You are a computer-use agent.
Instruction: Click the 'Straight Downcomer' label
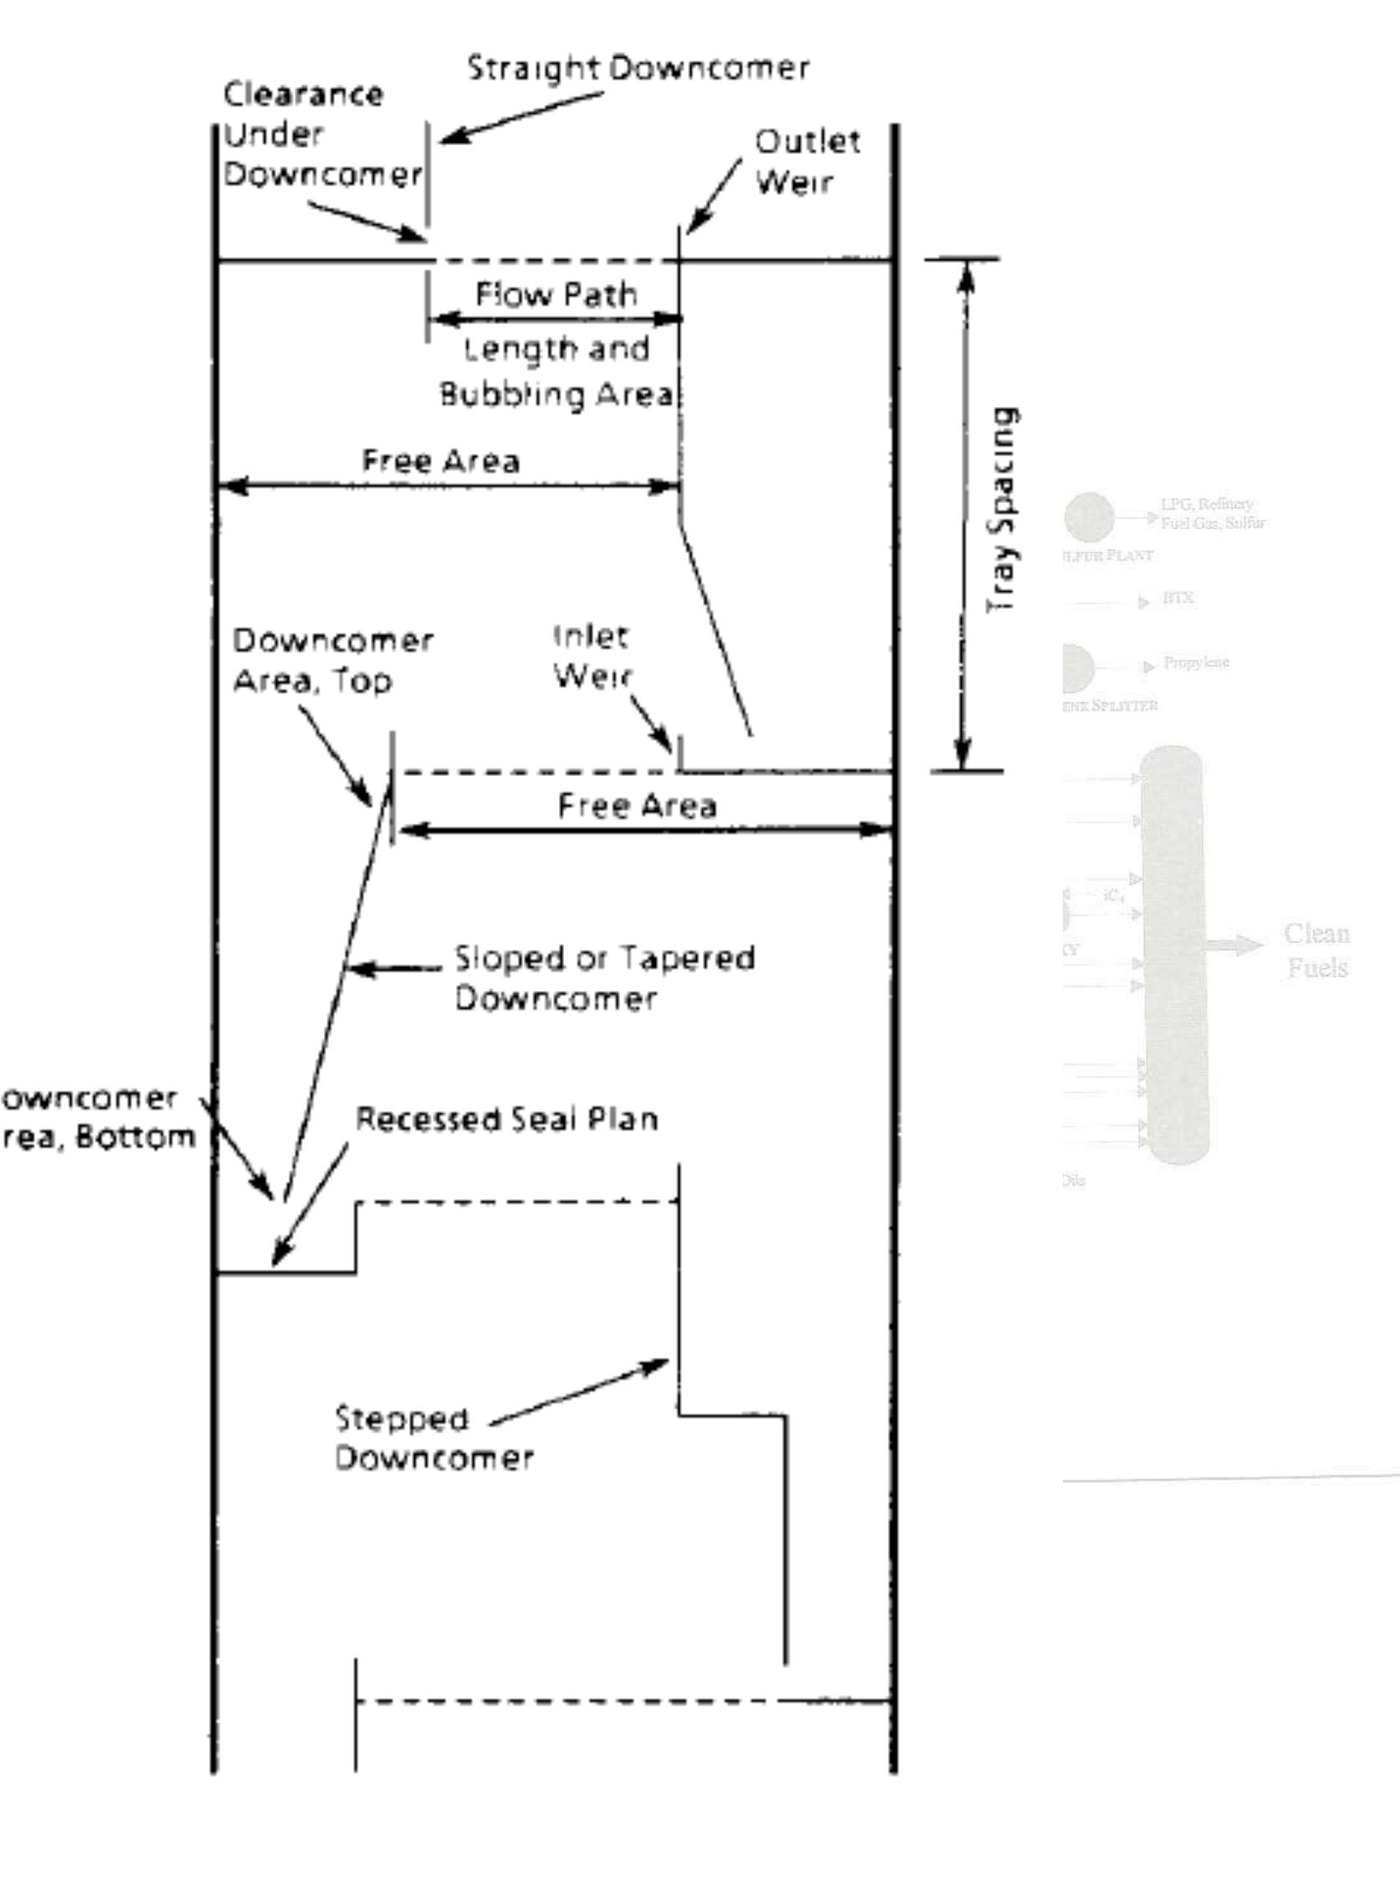[x=638, y=68]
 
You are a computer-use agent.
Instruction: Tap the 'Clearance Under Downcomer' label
[x=321, y=134]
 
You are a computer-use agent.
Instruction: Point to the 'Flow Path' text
[x=556, y=294]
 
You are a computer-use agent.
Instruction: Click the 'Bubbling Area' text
[x=556, y=394]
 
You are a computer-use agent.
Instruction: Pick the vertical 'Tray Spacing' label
[x=1003, y=511]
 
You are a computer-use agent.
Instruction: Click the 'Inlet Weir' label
[x=592, y=656]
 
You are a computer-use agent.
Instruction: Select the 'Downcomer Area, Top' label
[x=332, y=660]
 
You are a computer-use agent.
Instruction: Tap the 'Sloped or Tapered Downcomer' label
[x=604, y=977]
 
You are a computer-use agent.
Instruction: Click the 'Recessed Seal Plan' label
[x=506, y=1120]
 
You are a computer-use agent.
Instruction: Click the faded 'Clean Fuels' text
[x=1316, y=950]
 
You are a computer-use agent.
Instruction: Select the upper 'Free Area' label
[x=441, y=460]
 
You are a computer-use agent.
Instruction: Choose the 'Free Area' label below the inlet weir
[x=637, y=805]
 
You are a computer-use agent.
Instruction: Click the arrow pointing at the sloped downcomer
[x=394, y=968]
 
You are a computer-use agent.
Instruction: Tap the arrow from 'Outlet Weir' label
[x=714, y=196]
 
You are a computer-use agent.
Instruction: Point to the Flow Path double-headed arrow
[x=556, y=320]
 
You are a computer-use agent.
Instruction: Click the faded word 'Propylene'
[x=1196, y=662]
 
